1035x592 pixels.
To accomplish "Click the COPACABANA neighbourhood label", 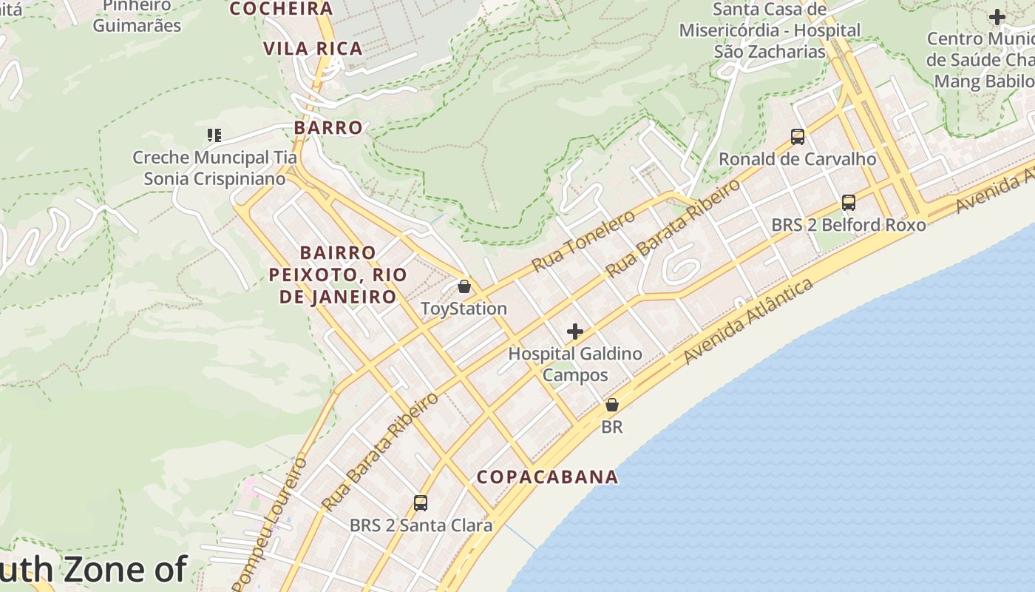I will tap(547, 477).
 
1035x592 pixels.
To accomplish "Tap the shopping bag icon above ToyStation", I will tap(464, 286).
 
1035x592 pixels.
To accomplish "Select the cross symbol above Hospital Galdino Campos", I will tap(574, 332).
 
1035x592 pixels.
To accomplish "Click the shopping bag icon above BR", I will tap(612, 405).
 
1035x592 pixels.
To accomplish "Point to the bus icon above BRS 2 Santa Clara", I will tap(421, 503).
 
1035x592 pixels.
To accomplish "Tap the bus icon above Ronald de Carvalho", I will tap(797, 137).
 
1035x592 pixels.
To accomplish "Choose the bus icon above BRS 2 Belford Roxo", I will tap(849, 203).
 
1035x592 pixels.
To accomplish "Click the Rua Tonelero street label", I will tap(583, 240).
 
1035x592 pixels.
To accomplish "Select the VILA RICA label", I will tap(313, 49).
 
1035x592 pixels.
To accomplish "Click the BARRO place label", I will tap(328, 127).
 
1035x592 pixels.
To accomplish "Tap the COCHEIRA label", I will tap(281, 9).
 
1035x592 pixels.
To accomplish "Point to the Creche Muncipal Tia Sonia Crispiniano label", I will tap(214, 168).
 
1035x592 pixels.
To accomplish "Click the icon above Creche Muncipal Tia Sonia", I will tap(214, 135).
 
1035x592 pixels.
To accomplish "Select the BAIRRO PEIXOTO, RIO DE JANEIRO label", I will tap(338, 275).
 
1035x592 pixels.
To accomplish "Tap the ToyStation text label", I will tap(464, 309).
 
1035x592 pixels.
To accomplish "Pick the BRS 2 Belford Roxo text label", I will tap(848, 224).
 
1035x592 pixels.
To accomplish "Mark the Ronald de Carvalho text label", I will tap(797, 159).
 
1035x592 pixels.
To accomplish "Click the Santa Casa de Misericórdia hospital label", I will tap(770, 30).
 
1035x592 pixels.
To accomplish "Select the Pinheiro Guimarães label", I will tap(137, 16).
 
